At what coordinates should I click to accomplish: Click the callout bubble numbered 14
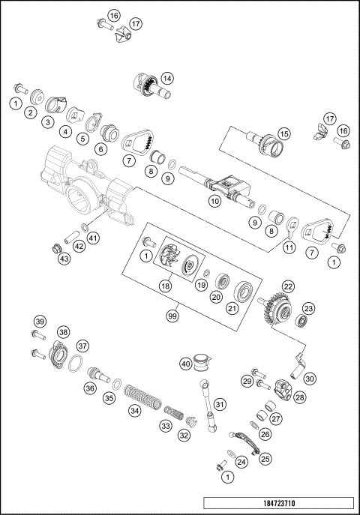coord(167,77)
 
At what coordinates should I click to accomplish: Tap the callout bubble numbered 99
coord(173,316)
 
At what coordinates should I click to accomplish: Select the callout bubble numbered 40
coord(186,364)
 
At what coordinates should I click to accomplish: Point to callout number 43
coord(64,259)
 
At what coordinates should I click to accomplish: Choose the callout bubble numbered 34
coord(135,410)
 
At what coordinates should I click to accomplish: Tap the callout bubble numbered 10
coord(214,201)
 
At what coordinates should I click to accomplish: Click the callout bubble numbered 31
coord(220,404)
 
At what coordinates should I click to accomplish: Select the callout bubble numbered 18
coord(163,286)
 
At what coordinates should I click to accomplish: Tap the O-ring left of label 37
coord(73,365)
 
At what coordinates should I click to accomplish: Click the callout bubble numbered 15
coord(284,134)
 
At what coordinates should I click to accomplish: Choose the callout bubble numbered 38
coord(63,332)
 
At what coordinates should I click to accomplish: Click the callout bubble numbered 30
coord(309,379)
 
